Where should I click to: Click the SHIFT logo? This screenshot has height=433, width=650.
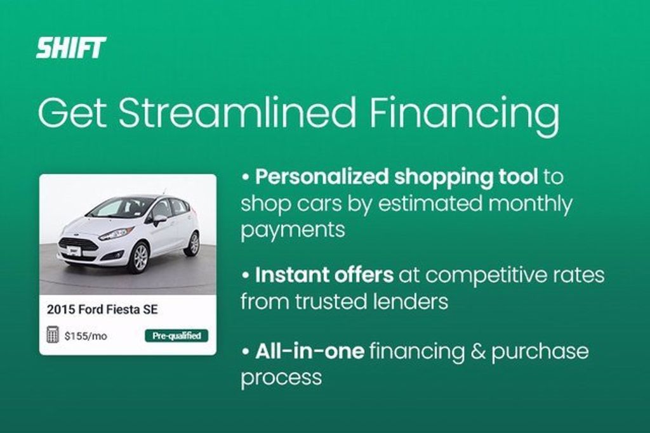pos(71,48)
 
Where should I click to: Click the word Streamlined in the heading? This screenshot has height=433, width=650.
pos(237,112)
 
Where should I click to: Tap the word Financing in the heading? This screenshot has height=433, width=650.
pos(464,116)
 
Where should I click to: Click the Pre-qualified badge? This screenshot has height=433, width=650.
pos(176,336)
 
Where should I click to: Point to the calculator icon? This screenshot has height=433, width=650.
pos(52,335)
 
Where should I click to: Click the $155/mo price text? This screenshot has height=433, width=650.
pos(86,336)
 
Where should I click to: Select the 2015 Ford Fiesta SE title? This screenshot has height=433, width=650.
pos(102,309)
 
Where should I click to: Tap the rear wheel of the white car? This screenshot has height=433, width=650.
pos(193,243)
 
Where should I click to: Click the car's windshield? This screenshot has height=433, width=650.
pos(119,207)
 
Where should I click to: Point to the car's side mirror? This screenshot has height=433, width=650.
pos(159,219)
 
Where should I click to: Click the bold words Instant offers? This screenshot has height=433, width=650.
pos(324,275)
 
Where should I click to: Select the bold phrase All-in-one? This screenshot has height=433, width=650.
pos(310,351)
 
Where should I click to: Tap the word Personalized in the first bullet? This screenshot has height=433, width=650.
pos(322,177)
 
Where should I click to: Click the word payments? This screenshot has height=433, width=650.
pos(293,231)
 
